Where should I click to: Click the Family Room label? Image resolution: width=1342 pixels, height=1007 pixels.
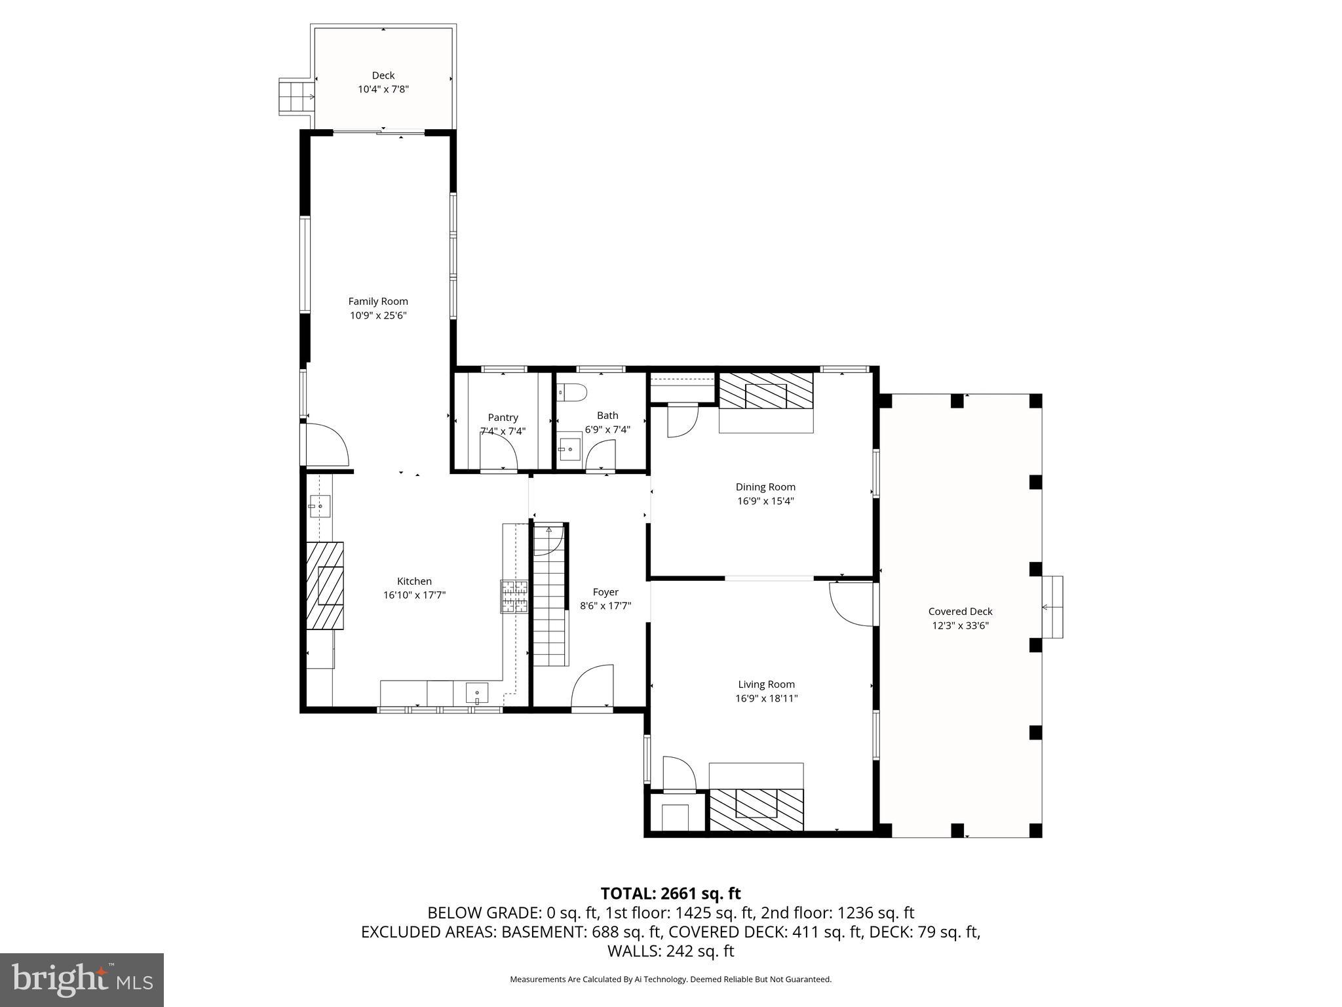click(377, 301)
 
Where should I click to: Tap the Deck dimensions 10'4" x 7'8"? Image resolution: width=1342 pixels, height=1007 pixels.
click(383, 89)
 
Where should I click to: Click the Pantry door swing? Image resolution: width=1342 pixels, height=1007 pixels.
click(498, 452)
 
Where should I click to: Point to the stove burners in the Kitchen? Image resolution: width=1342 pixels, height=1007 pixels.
click(514, 597)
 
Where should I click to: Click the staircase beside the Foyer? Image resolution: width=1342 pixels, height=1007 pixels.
click(548, 597)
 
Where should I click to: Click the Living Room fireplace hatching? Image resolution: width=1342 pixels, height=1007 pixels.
click(756, 812)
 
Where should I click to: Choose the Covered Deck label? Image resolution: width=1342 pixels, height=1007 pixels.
click(960, 611)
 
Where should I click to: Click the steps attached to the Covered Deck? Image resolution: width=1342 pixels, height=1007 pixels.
click(1052, 607)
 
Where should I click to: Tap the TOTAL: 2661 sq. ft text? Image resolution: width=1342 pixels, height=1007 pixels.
click(670, 893)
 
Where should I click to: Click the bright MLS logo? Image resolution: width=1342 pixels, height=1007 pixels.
click(82, 979)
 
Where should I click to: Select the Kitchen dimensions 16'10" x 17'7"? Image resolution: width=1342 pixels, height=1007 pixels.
click(414, 595)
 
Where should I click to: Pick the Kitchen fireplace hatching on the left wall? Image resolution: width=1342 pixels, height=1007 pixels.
click(325, 585)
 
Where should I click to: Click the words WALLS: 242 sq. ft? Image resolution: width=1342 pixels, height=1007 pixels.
click(670, 951)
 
